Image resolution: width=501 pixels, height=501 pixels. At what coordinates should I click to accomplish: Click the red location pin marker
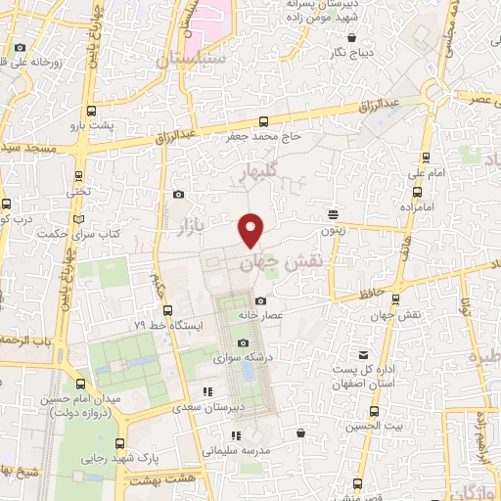[251, 231]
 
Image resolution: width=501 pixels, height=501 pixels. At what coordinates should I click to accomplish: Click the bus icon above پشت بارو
[92, 110]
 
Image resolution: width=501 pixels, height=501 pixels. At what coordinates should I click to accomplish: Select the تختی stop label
[77, 193]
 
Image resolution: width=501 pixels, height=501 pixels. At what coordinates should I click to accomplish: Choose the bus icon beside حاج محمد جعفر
[262, 121]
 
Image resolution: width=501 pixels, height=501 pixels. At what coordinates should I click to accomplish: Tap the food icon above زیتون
[334, 213]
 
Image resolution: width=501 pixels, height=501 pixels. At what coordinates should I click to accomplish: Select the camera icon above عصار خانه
[259, 300]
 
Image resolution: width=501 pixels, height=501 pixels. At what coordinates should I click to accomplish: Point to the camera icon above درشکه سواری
[243, 342]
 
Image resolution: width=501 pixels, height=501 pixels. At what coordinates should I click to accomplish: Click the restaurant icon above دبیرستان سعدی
[206, 391]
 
